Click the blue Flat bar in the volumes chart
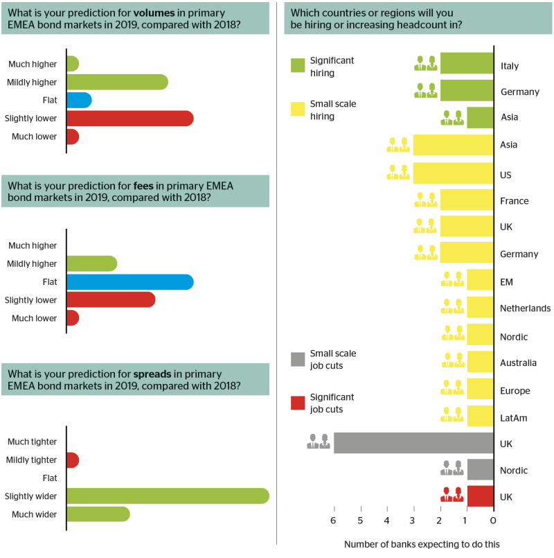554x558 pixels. click(x=80, y=101)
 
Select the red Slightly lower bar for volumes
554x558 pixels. click(x=130, y=119)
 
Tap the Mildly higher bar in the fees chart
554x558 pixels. click(x=92, y=263)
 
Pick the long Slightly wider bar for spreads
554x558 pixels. click(x=168, y=496)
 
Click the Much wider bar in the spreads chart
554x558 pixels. click(x=98, y=514)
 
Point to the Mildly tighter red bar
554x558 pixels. click(x=73, y=460)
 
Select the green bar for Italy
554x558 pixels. click(x=467, y=63)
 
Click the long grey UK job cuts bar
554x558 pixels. click(x=413, y=443)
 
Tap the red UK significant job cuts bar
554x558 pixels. click(x=481, y=496)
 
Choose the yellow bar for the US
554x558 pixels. click(x=454, y=173)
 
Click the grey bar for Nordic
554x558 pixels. click(x=481, y=469)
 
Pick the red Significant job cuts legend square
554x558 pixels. click(x=298, y=403)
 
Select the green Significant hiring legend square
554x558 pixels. click(x=298, y=65)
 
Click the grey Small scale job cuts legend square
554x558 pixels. click(x=298, y=360)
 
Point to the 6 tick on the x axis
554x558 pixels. click(x=334, y=509)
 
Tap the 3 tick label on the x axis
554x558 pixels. click(x=412, y=521)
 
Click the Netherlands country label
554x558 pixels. click(x=525, y=308)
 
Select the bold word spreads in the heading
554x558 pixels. click(x=152, y=374)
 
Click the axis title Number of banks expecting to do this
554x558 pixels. click(x=422, y=544)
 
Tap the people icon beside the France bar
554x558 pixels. click(x=426, y=200)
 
